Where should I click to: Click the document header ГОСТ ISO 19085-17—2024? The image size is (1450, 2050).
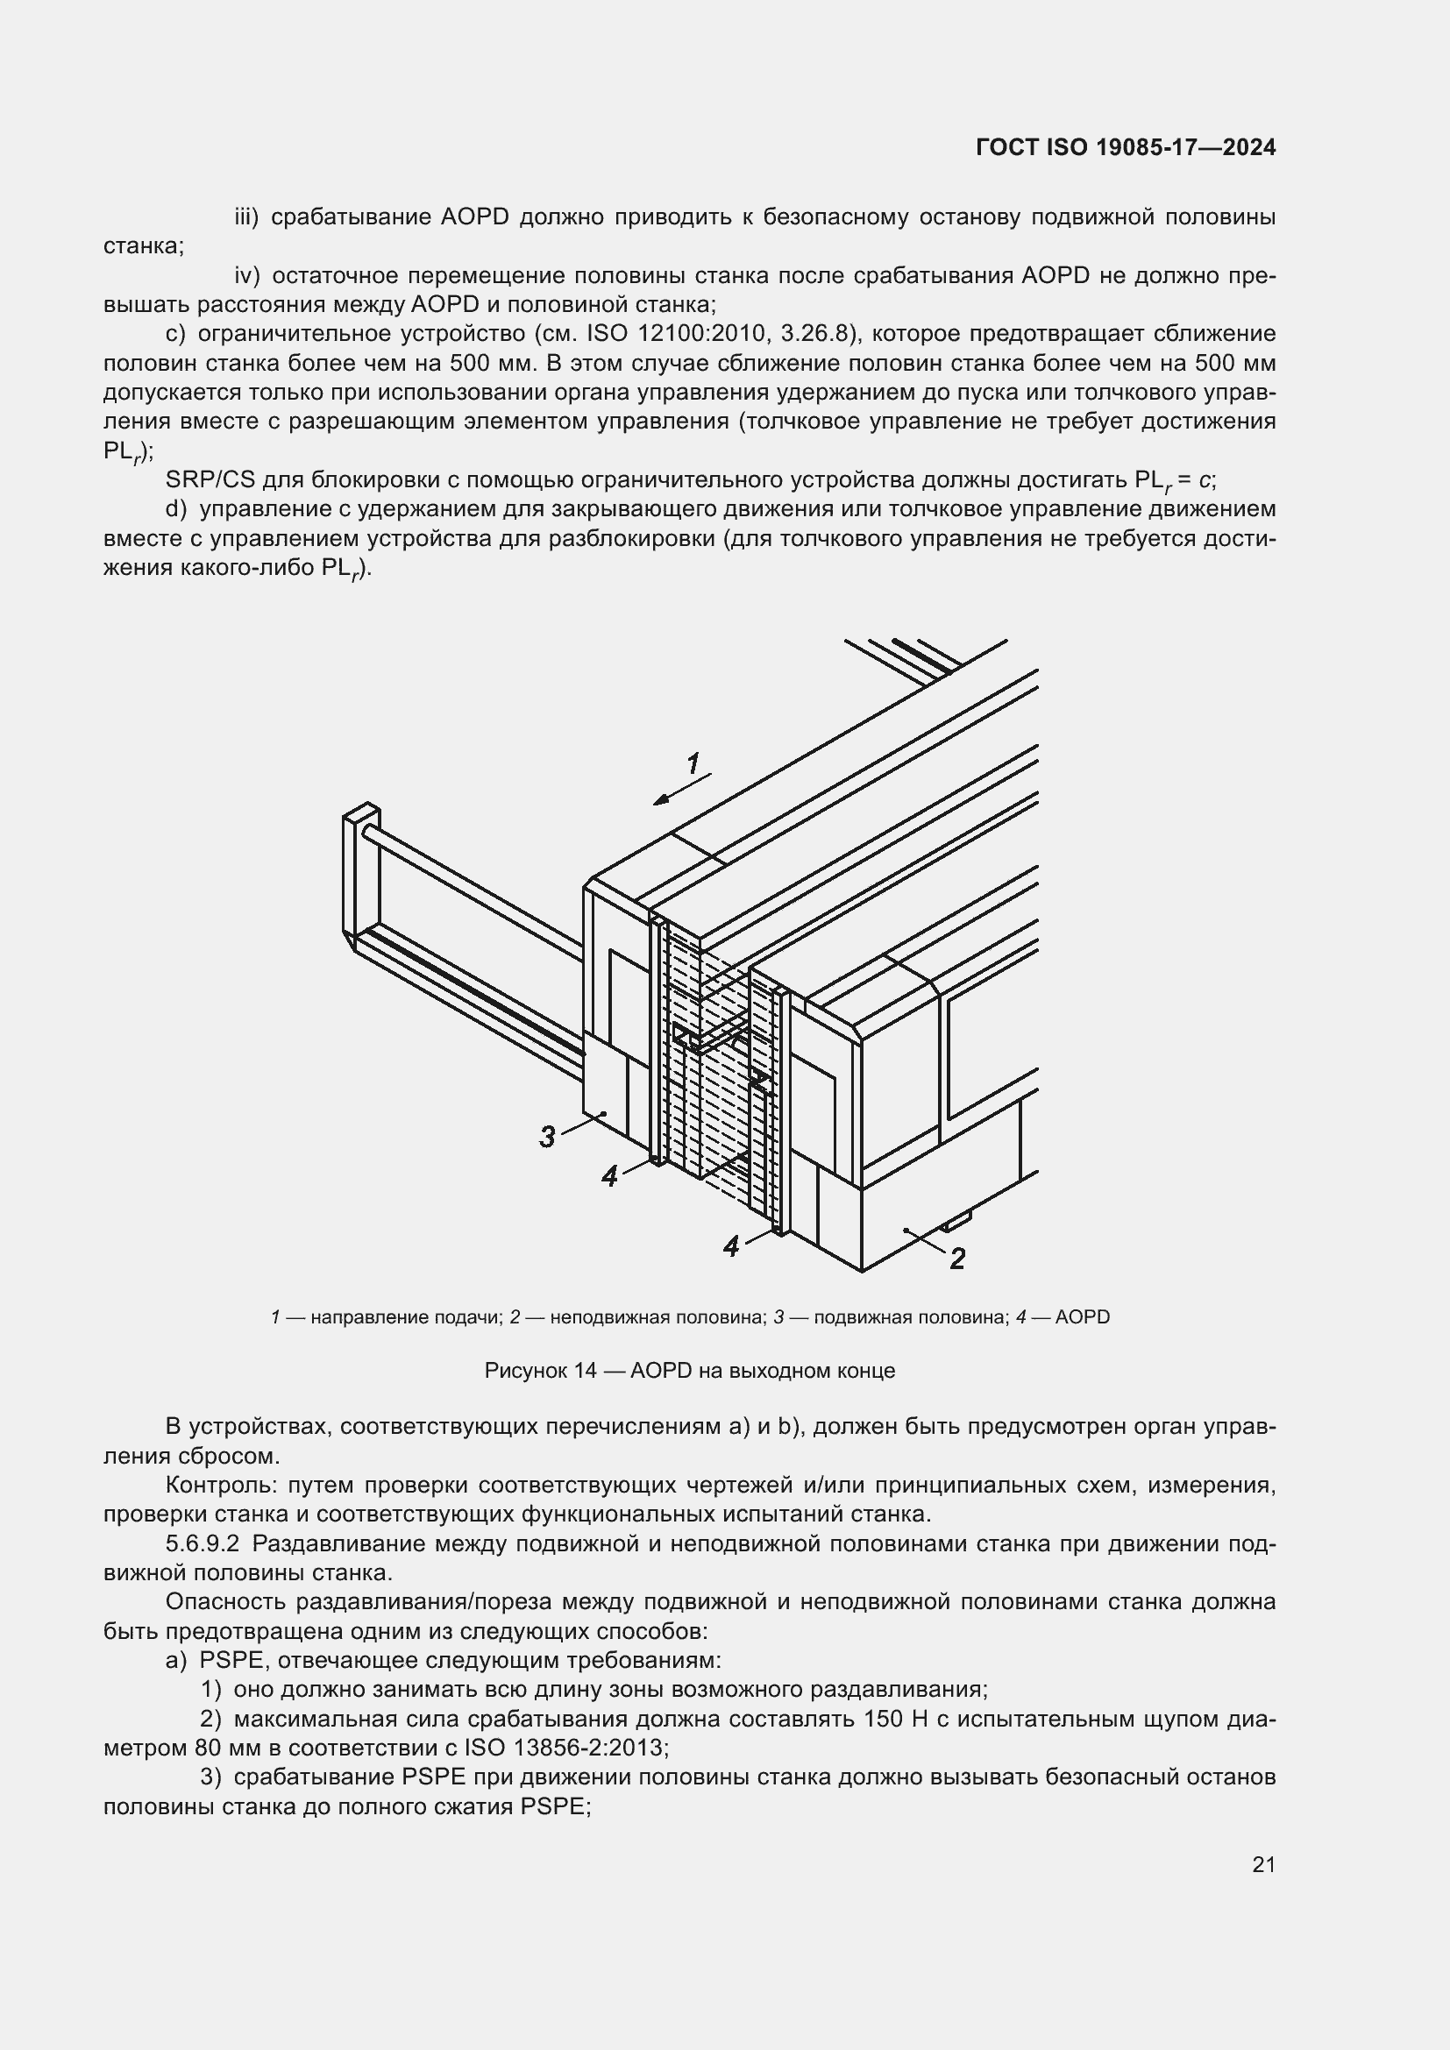(1125, 147)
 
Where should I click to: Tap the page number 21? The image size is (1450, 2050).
(1263, 1864)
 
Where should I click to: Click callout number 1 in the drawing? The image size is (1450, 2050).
(693, 763)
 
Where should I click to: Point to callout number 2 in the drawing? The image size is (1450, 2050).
(957, 1259)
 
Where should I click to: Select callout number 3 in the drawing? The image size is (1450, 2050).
(547, 1137)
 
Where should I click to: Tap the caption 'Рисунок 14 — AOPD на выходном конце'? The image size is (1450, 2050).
(689, 1371)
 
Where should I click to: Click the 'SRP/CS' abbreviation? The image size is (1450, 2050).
(210, 480)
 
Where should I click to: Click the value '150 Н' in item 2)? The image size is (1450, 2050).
(897, 1719)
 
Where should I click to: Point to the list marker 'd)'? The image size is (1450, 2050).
(177, 510)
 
